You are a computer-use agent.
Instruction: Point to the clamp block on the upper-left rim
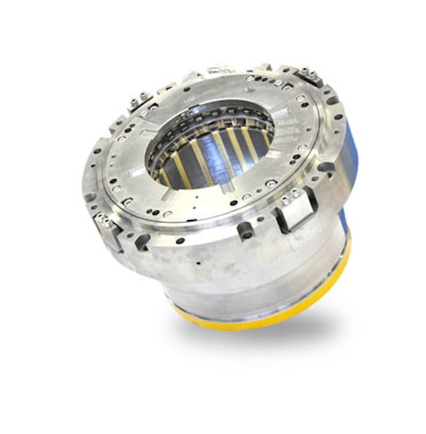(x=140, y=103)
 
